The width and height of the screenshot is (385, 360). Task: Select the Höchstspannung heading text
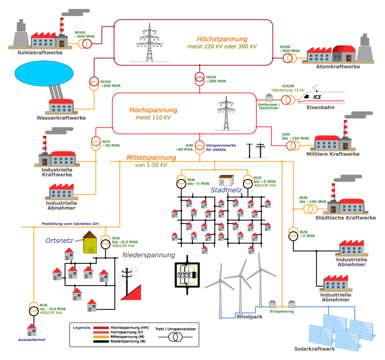coord(222,39)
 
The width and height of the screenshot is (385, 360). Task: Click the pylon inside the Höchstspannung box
coord(149,42)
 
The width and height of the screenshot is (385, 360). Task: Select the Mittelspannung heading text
coord(151,158)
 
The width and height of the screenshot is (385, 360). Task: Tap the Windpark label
coord(250,317)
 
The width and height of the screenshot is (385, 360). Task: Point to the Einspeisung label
coord(282,311)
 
